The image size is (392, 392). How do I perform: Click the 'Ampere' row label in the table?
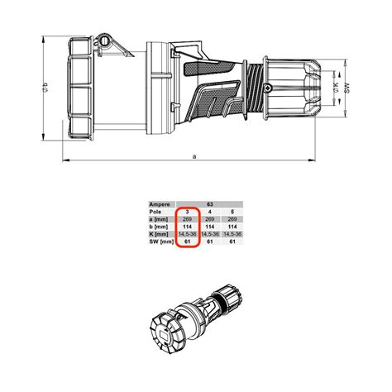pos(160,202)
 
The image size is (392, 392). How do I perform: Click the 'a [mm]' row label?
pos(159,218)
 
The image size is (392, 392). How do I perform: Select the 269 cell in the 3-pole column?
pos(188,218)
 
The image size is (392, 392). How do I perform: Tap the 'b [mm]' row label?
pos(159,227)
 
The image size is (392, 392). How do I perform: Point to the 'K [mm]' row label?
pos(159,235)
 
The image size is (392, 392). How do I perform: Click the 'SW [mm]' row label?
pos(160,243)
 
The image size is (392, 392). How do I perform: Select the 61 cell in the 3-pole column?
pos(188,243)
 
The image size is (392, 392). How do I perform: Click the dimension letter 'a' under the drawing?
pos(194,155)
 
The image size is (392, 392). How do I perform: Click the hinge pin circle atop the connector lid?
pos(104,39)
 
